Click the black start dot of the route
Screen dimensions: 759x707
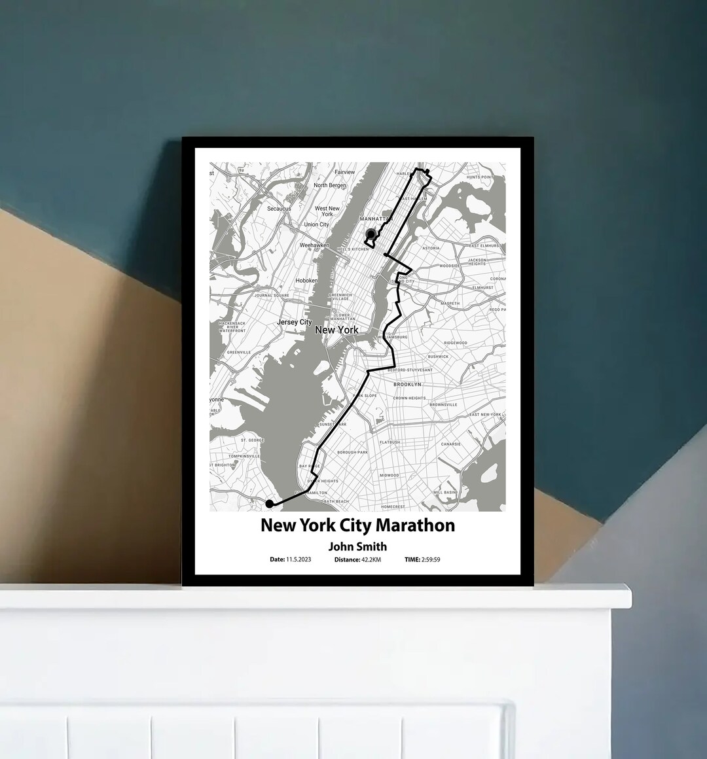pyautogui.click(x=269, y=503)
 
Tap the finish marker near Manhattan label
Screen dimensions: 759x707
pyautogui.click(x=371, y=234)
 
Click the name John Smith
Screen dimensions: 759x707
pyautogui.click(x=357, y=546)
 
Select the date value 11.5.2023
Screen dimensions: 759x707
pyautogui.click(x=299, y=560)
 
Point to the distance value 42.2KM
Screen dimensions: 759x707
pyautogui.click(x=371, y=560)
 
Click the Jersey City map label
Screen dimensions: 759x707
pyautogui.click(x=295, y=322)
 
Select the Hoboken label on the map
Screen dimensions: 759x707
pyautogui.click(x=306, y=281)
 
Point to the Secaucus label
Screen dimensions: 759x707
pyautogui.click(x=279, y=209)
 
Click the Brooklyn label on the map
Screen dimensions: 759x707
pyautogui.click(x=407, y=385)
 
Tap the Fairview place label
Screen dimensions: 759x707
pyautogui.click(x=345, y=172)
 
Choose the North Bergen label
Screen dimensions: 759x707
pyautogui.click(x=330, y=185)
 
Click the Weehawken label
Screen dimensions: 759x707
pyautogui.click(x=314, y=245)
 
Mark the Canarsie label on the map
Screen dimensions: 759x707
pyautogui.click(x=451, y=444)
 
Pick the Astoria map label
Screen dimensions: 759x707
pyautogui.click(x=431, y=249)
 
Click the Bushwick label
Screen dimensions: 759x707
pyautogui.click(x=438, y=357)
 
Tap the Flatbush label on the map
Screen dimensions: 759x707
pyautogui.click(x=390, y=442)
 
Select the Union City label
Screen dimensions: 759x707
pyautogui.click(x=316, y=224)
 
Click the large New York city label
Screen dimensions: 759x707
pyautogui.click(x=336, y=330)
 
